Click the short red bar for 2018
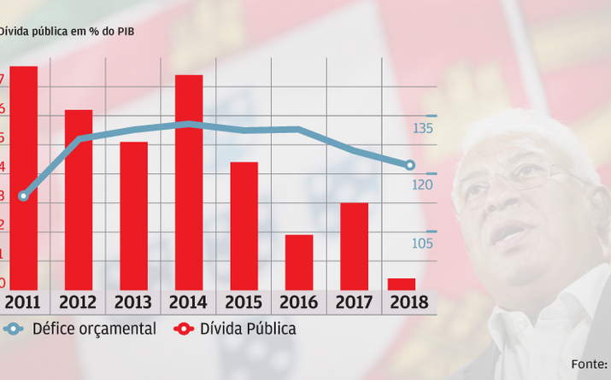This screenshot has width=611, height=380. point(402,284)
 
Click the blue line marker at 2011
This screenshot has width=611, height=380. point(23,196)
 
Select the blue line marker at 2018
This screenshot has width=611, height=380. point(410,165)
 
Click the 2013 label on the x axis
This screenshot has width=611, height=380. point(133,303)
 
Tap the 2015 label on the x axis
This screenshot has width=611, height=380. point(244,303)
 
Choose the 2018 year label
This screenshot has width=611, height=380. point(408,303)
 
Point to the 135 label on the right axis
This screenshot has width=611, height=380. point(422,129)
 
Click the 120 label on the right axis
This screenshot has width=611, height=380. point(422,184)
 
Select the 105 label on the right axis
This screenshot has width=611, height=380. point(422,244)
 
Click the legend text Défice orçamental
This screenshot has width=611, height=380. point(93,329)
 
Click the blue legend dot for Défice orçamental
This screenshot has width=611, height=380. point(13,329)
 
